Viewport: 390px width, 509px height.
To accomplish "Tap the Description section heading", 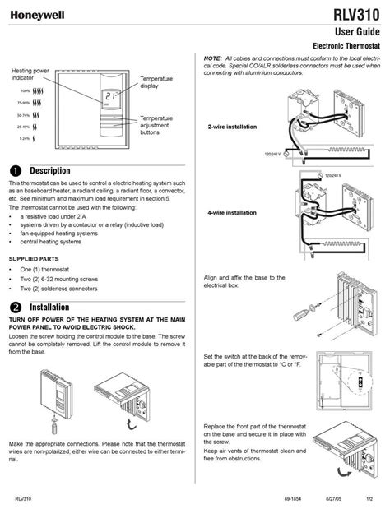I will tap(53, 169).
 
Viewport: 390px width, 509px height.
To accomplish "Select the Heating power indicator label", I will tap(30, 76).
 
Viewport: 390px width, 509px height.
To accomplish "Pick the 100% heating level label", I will tap(26, 90).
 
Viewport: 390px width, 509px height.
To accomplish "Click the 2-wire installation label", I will tap(232, 127).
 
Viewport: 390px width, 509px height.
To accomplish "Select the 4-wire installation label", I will tap(232, 213).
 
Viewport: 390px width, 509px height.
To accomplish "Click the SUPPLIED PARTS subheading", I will tap(35, 258).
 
